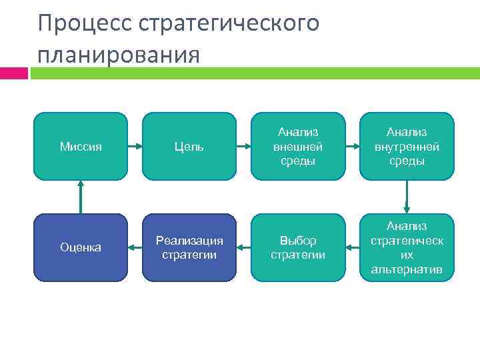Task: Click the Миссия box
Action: (80, 146)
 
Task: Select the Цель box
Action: (189, 146)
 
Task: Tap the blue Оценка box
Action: (80, 247)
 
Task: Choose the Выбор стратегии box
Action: (298, 247)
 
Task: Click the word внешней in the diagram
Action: (298, 147)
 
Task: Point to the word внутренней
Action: (407, 147)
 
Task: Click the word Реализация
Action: (189, 241)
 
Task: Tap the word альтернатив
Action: (407, 269)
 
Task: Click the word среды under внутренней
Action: (407, 161)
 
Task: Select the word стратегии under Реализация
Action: (189, 254)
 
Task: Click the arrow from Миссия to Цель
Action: (135, 146)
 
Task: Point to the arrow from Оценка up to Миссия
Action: (80, 197)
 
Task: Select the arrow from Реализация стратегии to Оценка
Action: (135, 248)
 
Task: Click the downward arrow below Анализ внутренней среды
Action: (407, 197)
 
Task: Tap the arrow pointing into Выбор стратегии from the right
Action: (353, 248)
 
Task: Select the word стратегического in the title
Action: (229, 23)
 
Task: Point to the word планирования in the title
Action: (119, 54)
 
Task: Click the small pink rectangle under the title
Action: (14, 73)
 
